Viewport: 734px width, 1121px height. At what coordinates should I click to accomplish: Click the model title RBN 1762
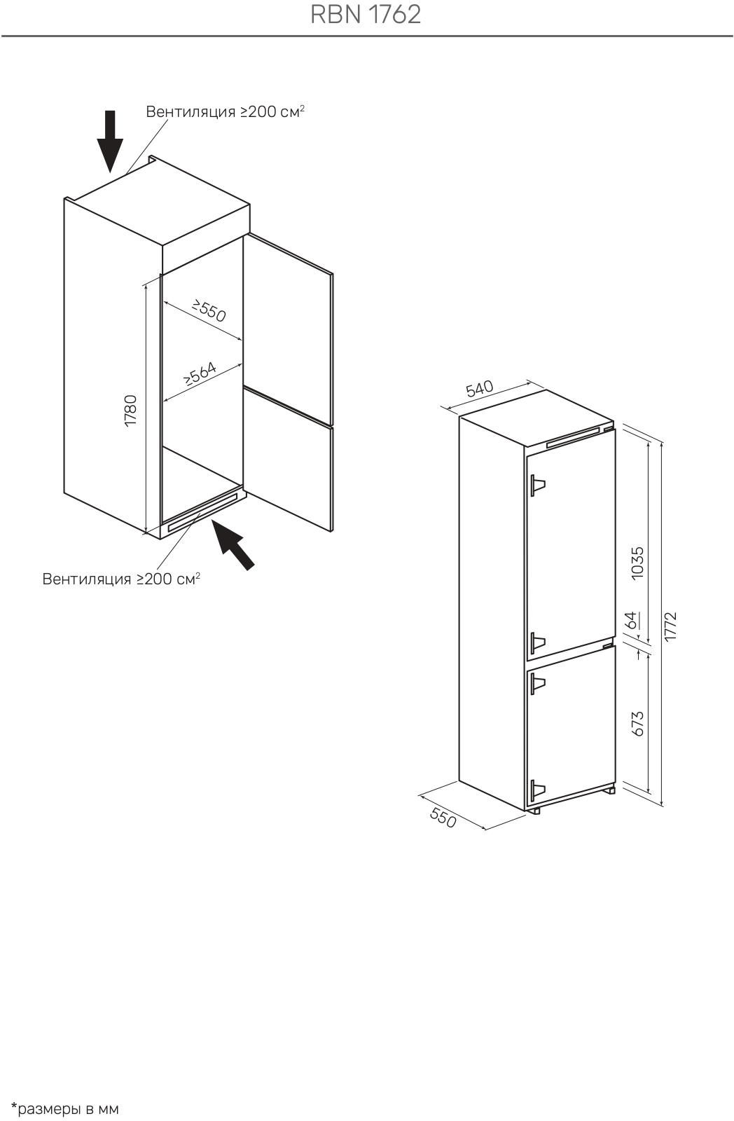click(366, 15)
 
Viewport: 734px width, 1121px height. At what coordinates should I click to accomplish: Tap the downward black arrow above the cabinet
click(109, 142)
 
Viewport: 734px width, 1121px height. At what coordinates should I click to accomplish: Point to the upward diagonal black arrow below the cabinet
click(233, 544)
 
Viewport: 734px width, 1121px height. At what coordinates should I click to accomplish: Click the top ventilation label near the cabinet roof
click(225, 111)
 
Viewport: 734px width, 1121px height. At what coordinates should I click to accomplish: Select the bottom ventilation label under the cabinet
click(121, 579)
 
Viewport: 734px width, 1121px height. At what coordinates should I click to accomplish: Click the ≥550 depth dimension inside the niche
click(209, 311)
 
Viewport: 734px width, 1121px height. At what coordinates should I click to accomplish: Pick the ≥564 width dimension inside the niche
click(200, 373)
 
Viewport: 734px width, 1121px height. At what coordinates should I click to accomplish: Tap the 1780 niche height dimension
click(130, 411)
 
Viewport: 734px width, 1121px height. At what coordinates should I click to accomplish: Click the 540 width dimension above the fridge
click(479, 389)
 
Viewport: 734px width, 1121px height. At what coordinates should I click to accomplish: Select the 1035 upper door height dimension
click(637, 563)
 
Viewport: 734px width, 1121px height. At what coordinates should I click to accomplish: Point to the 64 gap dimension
click(632, 620)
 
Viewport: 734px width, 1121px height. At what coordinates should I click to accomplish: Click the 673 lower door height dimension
click(637, 724)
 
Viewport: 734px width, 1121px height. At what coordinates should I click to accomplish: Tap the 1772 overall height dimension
click(670, 626)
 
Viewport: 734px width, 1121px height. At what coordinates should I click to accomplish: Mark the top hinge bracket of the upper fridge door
click(537, 485)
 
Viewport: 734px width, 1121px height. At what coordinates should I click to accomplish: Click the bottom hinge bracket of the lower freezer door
click(537, 791)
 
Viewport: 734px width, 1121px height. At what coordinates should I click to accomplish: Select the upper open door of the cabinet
click(288, 330)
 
